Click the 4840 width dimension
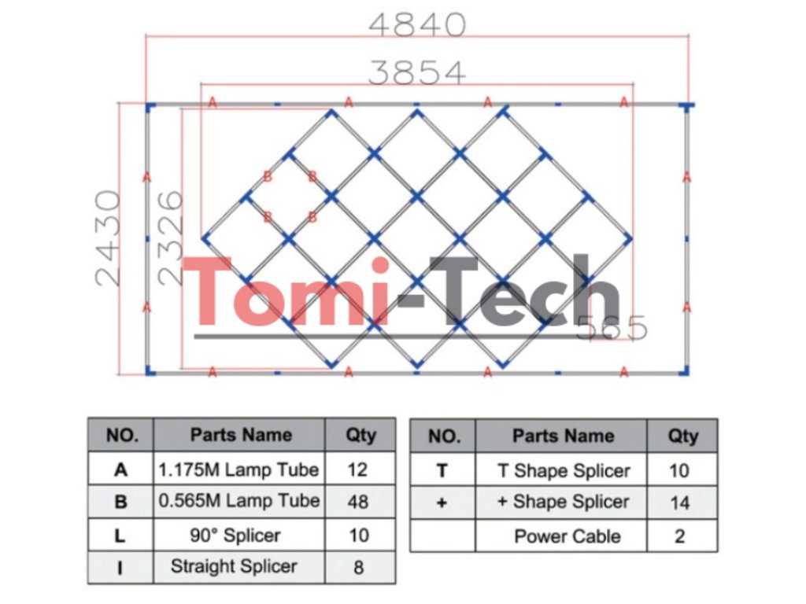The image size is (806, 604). [417, 24]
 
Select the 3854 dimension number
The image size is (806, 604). [417, 72]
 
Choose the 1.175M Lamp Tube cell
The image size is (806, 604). [238, 470]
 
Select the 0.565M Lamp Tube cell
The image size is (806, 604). [238, 501]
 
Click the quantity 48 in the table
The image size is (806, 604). [358, 502]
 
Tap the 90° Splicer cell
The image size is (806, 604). [238, 535]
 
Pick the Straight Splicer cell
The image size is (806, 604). [234, 566]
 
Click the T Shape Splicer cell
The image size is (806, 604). [564, 470]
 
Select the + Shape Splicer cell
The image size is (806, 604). [564, 502]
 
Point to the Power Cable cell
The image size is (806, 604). [567, 536]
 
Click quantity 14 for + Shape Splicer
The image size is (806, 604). [679, 503]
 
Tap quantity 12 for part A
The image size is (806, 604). [358, 470]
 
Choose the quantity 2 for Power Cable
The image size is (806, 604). [679, 536]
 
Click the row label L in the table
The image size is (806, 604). [120, 535]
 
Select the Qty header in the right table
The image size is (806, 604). [682, 436]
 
